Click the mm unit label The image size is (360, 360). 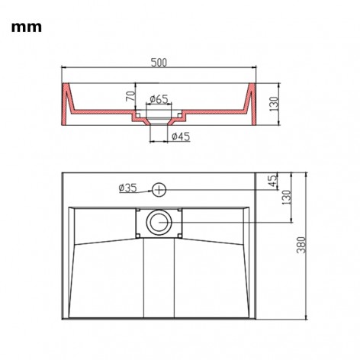coord(26,27)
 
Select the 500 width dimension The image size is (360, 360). coord(159,63)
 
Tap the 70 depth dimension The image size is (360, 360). coord(130,98)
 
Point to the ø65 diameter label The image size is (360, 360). coord(159,98)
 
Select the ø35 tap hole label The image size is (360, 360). coord(127,188)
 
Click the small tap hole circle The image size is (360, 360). coord(159,188)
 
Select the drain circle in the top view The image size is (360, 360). coord(159,222)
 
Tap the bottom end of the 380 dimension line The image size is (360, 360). coord(304,321)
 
